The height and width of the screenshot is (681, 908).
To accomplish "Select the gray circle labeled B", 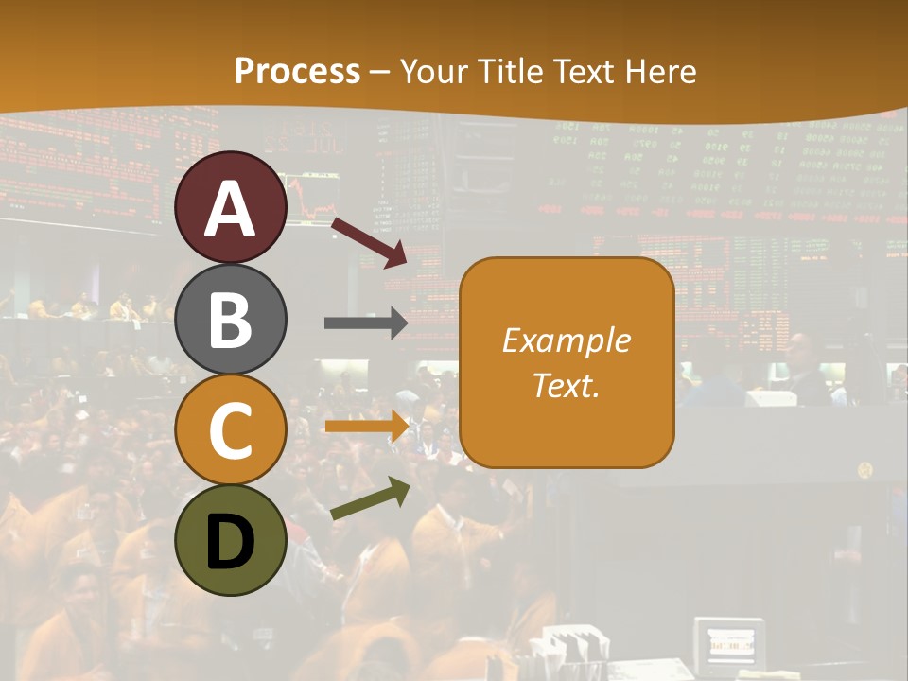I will click(231, 319).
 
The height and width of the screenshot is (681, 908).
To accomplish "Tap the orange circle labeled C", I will click(231, 429).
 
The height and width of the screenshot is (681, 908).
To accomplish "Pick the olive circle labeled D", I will click(231, 540).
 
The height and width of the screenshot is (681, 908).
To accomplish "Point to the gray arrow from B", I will click(366, 323).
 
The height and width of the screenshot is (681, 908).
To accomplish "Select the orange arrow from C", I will click(366, 427).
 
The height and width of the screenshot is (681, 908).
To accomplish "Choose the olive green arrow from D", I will click(369, 498).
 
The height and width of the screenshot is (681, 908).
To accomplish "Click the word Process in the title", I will click(297, 71).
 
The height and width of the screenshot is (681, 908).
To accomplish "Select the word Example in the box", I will click(566, 340).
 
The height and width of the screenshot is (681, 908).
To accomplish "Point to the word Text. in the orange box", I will click(566, 386).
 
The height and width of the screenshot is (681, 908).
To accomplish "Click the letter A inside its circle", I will click(231, 208).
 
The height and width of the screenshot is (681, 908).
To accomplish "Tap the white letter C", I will click(231, 431).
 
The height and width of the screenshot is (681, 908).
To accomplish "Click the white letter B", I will click(231, 320).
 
